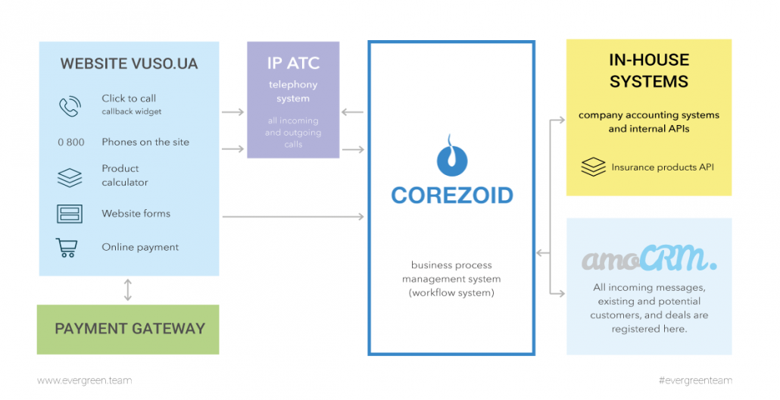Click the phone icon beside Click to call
tap(70, 106)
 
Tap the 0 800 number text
tap(70, 142)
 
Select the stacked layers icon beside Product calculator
tap(70, 177)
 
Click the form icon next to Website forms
tap(70, 214)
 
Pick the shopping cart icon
tap(67, 248)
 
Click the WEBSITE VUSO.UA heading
tap(129, 64)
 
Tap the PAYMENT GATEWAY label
tap(129, 329)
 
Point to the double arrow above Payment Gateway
tap(128, 290)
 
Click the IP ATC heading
tap(293, 63)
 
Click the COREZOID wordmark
tap(452, 195)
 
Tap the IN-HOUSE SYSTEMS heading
tap(648, 70)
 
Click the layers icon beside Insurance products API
tap(593, 167)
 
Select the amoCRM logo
tap(649, 260)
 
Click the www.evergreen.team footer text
tap(84, 380)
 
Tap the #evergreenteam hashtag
tap(695, 380)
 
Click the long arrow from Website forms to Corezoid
tap(293, 217)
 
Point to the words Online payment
tap(140, 248)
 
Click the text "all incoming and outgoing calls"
tap(293, 132)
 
